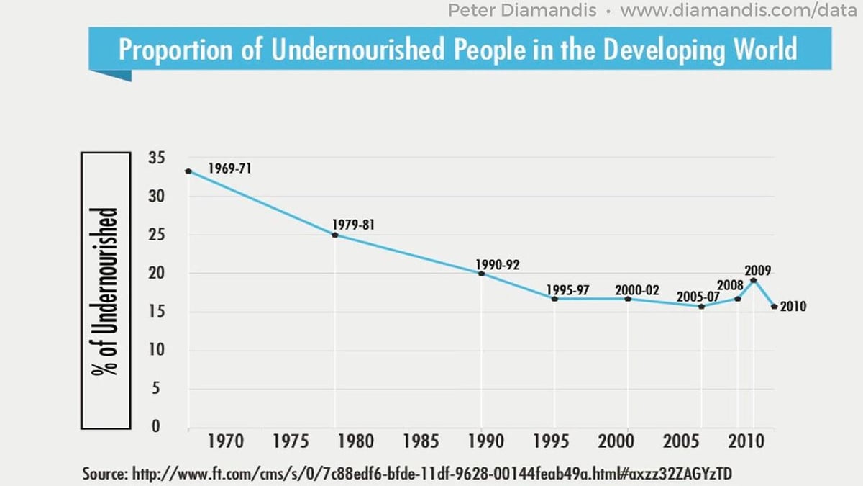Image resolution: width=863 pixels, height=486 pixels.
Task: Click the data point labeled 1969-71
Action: pyautogui.click(x=188, y=171)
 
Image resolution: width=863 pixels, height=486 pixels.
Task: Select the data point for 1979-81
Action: pyautogui.click(x=335, y=235)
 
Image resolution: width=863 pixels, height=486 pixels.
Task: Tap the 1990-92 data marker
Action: pyautogui.click(x=481, y=274)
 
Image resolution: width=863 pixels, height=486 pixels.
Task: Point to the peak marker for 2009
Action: pyautogui.click(x=753, y=281)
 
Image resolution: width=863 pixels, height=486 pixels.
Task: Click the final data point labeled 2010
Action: pyautogui.click(x=774, y=307)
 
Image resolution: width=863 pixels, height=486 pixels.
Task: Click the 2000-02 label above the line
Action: pyautogui.click(x=636, y=290)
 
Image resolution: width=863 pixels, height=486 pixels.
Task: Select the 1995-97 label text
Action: pyautogui.click(x=567, y=290)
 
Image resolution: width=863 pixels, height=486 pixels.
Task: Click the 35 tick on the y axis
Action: pyautogui.click(x=155, y=158)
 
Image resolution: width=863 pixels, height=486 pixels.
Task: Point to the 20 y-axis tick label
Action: pyautogui.click(x=155, y=273)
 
